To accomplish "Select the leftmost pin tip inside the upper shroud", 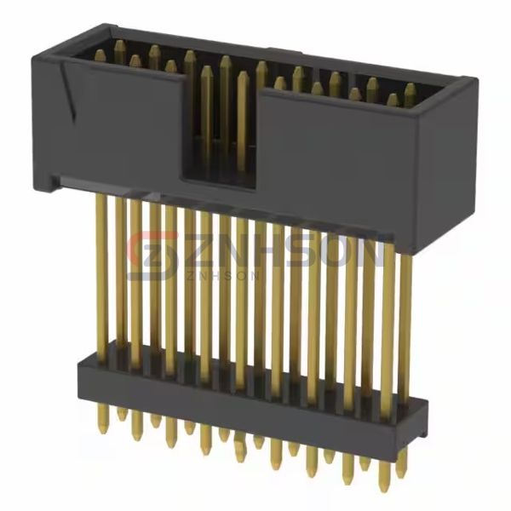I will click(100, 56).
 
